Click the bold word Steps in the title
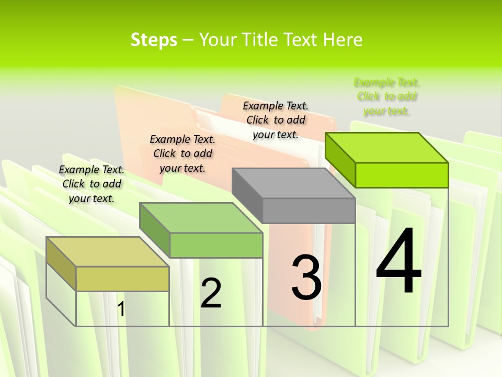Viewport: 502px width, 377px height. click(x=154, y=40)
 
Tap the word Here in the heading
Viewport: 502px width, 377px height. click(x=343, y=40)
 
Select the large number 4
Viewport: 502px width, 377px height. click(x=398, y=262)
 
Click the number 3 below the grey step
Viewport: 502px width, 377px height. click(x=306, y=278)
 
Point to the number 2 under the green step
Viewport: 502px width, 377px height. click(x=211, y=293)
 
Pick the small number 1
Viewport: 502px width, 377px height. click(x=121, y=309)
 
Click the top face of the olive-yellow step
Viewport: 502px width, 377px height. click(x=107, y=251)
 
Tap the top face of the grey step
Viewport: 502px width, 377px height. click(x=293, y=183)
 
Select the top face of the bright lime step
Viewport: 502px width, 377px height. click(x=387, y=148)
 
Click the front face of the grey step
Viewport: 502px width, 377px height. click(x=309, y=211)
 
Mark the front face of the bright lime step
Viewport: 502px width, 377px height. click(x=402, y=175)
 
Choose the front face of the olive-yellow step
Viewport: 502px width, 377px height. click(x=122, y=279)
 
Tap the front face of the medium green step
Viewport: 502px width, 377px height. click(x=216, y=245)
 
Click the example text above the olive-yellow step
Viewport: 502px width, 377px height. click(x=92, y=184)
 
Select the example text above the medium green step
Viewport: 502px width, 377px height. click(x=182, y=153)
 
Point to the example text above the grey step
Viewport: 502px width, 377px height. click(x=276, y=120)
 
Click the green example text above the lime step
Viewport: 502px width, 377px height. click(x=386, y=96)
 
